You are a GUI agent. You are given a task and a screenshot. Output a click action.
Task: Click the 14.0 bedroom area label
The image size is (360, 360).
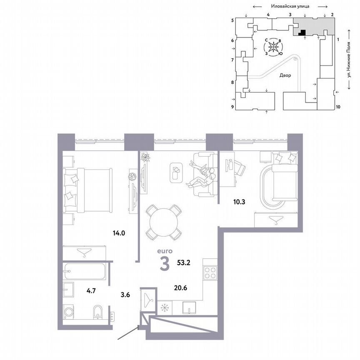(118, 233)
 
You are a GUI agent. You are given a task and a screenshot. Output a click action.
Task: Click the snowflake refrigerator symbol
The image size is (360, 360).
(165, 308)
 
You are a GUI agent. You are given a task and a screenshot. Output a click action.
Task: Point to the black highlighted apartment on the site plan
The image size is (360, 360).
(303, 32)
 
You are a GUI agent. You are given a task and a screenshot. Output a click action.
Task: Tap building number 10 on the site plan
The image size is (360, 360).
(338, 107)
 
